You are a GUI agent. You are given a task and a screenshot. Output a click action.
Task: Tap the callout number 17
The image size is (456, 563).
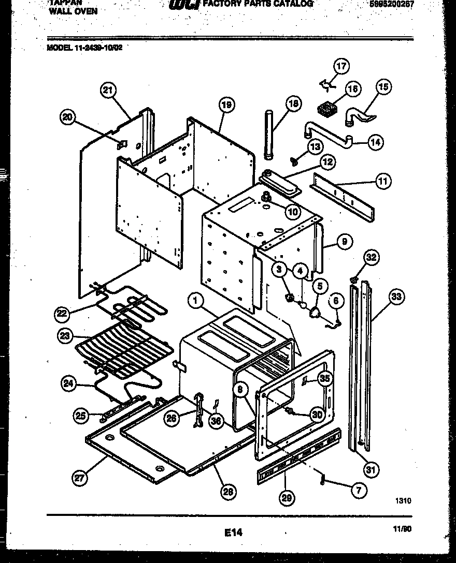click(x=341, y=66)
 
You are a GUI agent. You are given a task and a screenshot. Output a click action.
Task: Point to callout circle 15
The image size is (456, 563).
click(x=383, y=87)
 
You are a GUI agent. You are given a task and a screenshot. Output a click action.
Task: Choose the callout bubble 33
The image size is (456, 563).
click(x=397, y=297)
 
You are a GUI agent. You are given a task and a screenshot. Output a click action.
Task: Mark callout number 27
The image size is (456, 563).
click(x=79, y=478)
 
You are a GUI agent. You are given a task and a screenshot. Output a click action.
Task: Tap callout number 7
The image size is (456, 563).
click(x=359, y=490)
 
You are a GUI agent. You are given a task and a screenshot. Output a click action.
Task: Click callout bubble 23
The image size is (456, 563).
click(x=64, y=335)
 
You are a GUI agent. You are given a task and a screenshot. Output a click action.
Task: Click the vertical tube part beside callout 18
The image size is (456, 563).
click(x=268, y=136)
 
